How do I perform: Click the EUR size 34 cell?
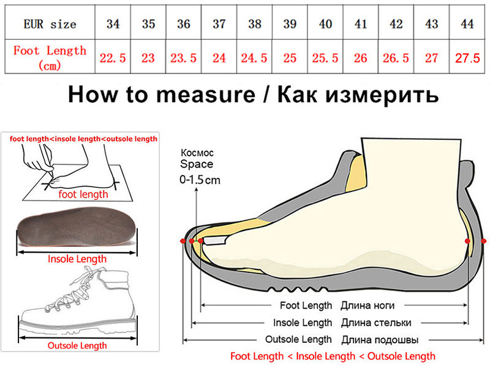point(113,25)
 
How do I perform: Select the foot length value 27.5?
point(467,58)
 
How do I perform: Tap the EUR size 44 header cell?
point(467,25)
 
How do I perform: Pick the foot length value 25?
point(290,58)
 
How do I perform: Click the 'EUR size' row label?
point(50,25)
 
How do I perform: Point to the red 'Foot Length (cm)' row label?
point(50,57)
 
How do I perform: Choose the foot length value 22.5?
point(113,58)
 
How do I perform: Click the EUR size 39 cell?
point(290,25)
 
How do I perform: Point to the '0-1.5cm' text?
point(200,180)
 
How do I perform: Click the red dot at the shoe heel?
point(468,242)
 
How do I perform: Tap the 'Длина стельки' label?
point(375,323)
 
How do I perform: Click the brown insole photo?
point(77,230)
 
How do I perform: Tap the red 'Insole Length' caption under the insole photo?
point(77,259)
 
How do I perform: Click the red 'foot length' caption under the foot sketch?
point(83,194)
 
